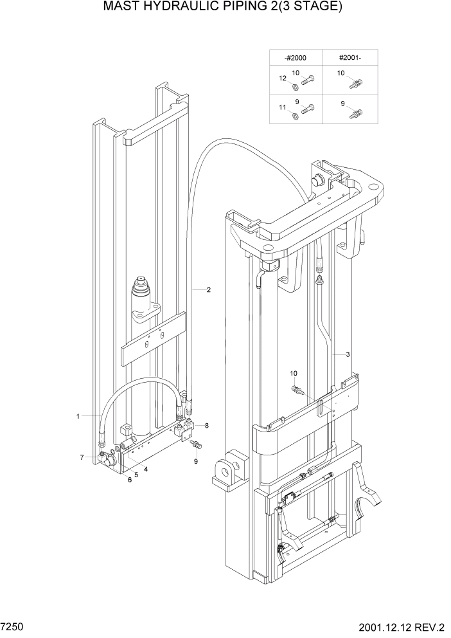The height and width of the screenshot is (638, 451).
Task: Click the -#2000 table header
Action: coord(295,58)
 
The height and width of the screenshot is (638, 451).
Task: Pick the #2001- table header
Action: coord(349,58)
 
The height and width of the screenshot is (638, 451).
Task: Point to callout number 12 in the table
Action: coord(282,78)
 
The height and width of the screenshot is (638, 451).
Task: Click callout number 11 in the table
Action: coord(282,108)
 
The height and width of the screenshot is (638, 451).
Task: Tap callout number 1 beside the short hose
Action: coord(78,416)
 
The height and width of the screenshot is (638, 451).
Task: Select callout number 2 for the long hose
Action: coord(209,289)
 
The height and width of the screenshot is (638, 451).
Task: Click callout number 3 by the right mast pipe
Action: coord(348,354)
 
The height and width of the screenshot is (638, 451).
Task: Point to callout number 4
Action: coord(146,469)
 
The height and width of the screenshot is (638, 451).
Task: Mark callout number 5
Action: coord(136,475)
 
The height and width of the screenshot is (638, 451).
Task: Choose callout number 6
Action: coord(129,480)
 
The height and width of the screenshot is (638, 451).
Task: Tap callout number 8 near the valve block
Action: coord(206,426)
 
